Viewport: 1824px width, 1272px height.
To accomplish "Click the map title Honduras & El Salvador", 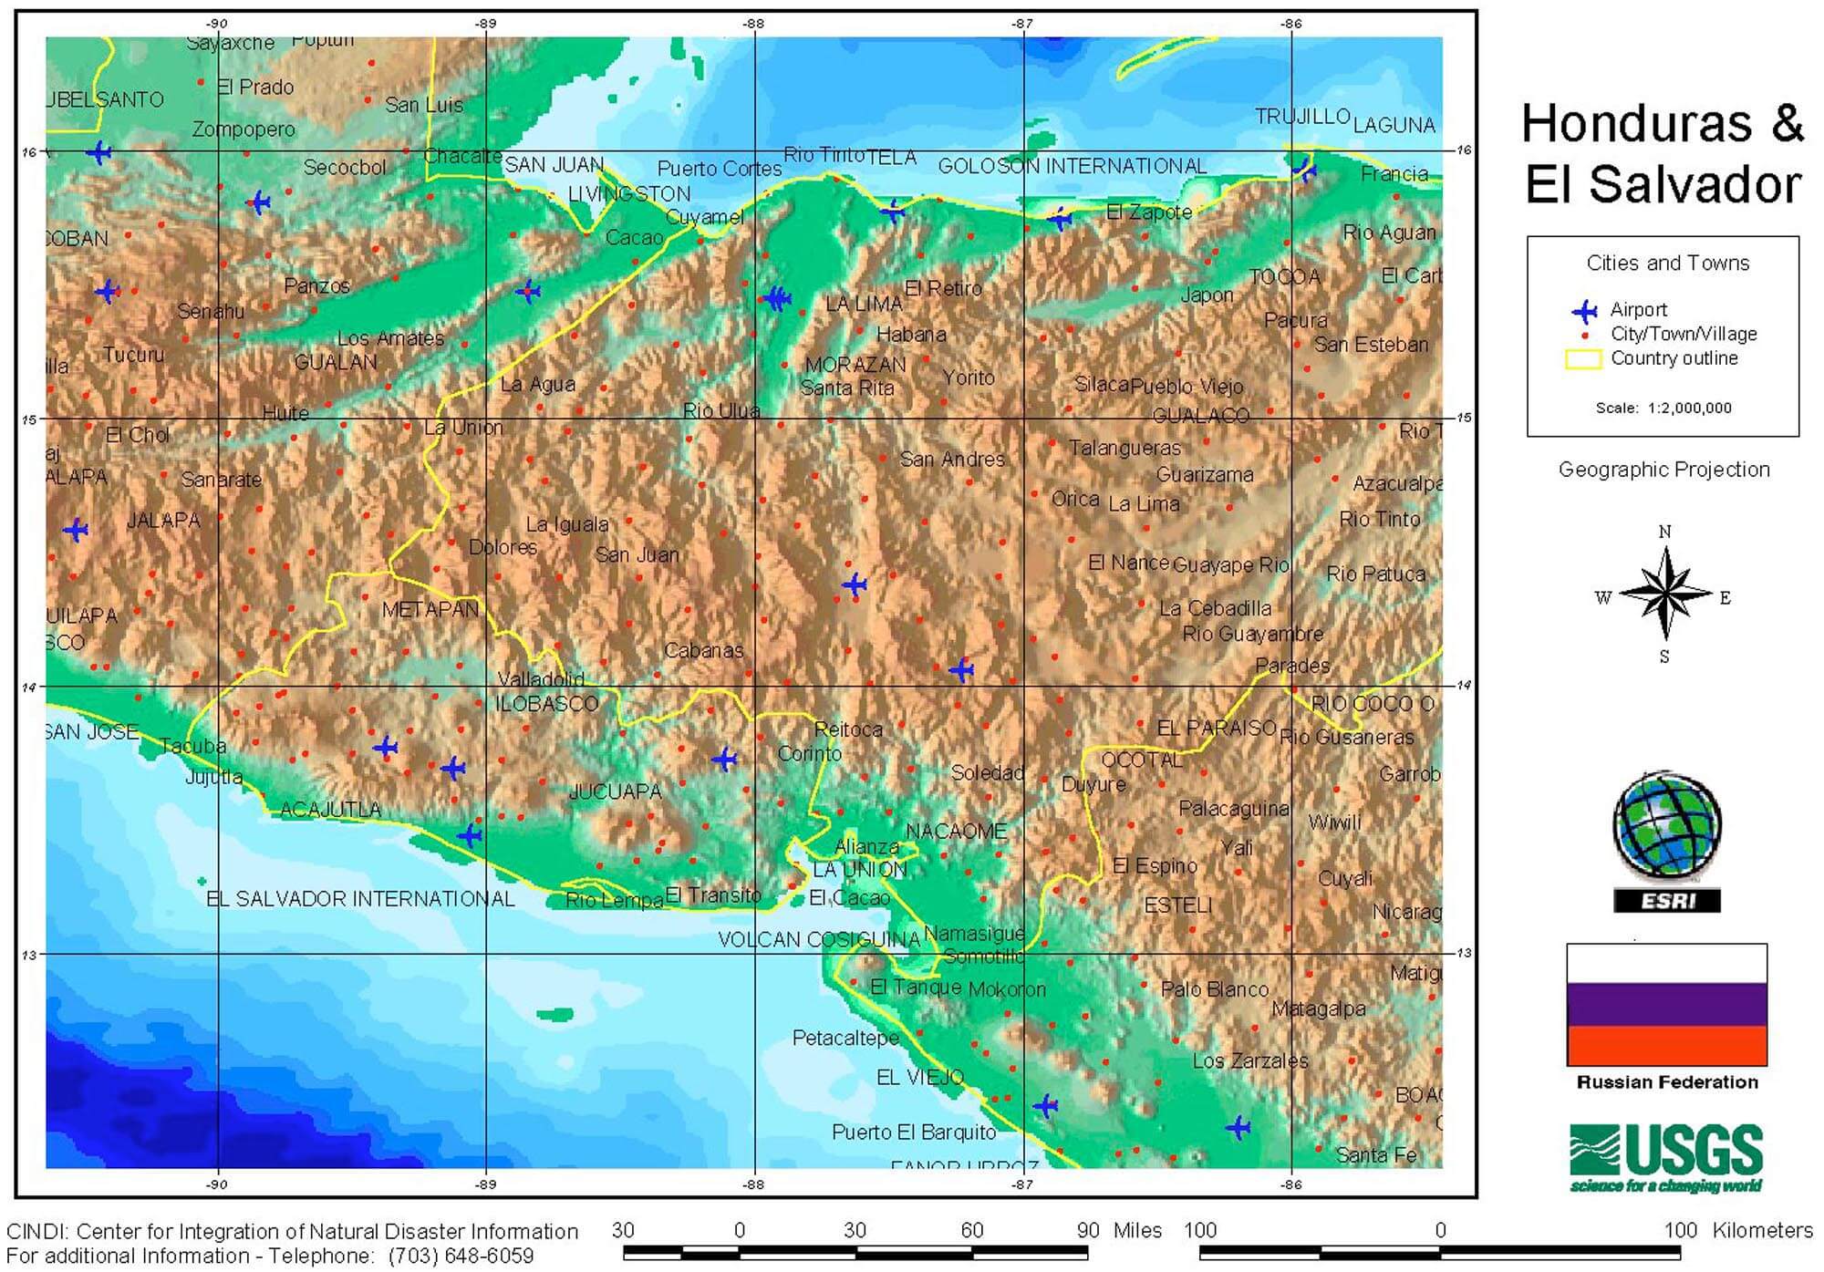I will click(x=1663, y=153).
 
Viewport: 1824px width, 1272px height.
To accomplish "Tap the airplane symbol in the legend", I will click(x=1585, y=311).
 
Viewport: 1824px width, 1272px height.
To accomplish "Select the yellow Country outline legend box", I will click(x=1583, y=359).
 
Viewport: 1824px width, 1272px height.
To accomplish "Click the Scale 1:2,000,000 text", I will click(x=1663, y=408).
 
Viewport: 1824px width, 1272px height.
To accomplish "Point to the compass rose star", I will click(x=1665, y=595).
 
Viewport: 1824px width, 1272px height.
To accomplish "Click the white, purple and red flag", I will click(x=1666, y=1005).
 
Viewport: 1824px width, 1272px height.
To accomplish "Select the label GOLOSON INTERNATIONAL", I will click(x=1072, y=166).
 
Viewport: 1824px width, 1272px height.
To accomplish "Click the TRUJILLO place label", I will click(x=1301, y=117).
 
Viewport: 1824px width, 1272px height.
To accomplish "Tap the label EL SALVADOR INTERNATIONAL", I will click(x=360, y=899).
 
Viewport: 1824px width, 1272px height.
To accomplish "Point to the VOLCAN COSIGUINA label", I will click(x=818, y=939).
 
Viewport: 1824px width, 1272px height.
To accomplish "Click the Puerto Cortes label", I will click(x=720, y=169).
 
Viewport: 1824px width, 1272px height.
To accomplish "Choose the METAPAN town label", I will click(x=430, y=609).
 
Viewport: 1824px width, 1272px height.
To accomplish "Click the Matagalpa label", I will click(x=1318, y=1008).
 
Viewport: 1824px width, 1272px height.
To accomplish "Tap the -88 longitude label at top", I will click(x=753, y=24).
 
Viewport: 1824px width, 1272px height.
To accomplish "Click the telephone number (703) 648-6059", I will click(x=461, y=1256).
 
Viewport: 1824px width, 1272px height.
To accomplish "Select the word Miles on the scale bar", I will click(x=1137, y=1230).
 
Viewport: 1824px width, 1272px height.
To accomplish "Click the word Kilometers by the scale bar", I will click(x=1762, y=1230).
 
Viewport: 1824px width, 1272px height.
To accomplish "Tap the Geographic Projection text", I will click(x=1663, y=470).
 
